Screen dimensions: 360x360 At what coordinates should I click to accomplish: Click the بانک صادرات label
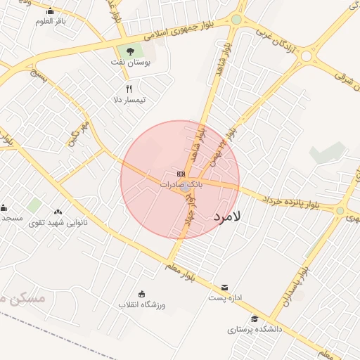point(181,184)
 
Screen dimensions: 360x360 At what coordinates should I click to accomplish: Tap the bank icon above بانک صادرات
point(181,173)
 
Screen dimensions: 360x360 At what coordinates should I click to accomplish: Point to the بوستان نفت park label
point(131,62)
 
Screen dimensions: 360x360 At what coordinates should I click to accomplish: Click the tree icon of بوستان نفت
point(129,51)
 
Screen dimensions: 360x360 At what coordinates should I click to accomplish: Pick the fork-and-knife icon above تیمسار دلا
point(129,89)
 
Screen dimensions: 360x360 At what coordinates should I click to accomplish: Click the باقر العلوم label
point(51,20)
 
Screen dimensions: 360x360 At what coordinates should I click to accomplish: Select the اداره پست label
point(225,298)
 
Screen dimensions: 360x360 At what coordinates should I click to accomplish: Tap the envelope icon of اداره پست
point(224,287)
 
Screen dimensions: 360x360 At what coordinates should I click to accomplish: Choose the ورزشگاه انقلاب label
point(141,304)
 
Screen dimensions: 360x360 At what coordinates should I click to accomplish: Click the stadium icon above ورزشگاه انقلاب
point(141,294)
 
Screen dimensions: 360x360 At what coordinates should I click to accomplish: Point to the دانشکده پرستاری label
point(255,328)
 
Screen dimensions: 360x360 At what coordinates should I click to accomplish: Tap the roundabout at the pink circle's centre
point(185,187)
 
